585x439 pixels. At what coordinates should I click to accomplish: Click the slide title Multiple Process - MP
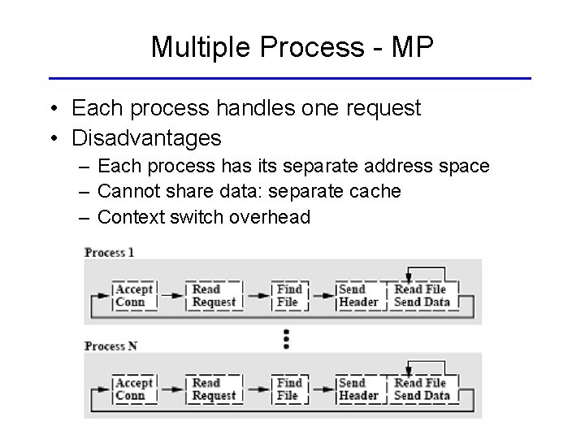pos(292,48)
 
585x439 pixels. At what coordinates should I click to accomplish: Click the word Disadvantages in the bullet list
pos(146,138)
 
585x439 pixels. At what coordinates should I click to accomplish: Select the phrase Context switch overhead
pos(203,217)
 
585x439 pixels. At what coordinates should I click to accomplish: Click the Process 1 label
pos(110,252)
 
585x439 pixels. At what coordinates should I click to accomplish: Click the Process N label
pos(111,346)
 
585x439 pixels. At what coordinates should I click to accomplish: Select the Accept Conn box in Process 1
pos(133,295)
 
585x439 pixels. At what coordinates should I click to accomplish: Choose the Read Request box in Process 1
pos(213,295)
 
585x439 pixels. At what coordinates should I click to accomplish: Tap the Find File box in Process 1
pos(288,295)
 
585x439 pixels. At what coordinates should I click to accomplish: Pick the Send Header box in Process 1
pos(357,295)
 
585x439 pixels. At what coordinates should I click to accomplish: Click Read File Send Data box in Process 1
pos(421,295)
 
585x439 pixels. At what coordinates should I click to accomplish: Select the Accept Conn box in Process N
pos(133,389)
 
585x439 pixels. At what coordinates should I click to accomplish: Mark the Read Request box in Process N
pos(213,389)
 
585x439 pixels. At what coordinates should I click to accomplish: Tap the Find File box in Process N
pos(288,389)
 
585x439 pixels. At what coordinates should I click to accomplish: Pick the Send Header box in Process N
pos(357,389)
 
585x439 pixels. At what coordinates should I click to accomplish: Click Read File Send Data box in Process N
pos(421,389)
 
